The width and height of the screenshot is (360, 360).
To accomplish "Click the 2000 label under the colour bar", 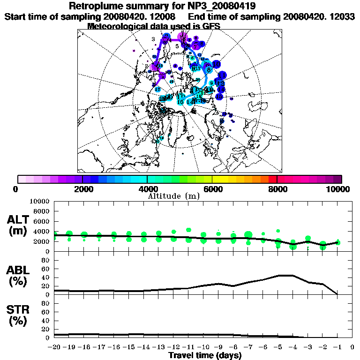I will point(82,189).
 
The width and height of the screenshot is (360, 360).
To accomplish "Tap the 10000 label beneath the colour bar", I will point(339,189).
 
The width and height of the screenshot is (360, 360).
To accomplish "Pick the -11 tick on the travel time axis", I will point(188,347).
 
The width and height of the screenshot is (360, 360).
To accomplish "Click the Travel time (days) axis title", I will point(205,355).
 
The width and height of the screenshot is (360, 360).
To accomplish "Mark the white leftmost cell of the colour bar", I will point(22,179).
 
